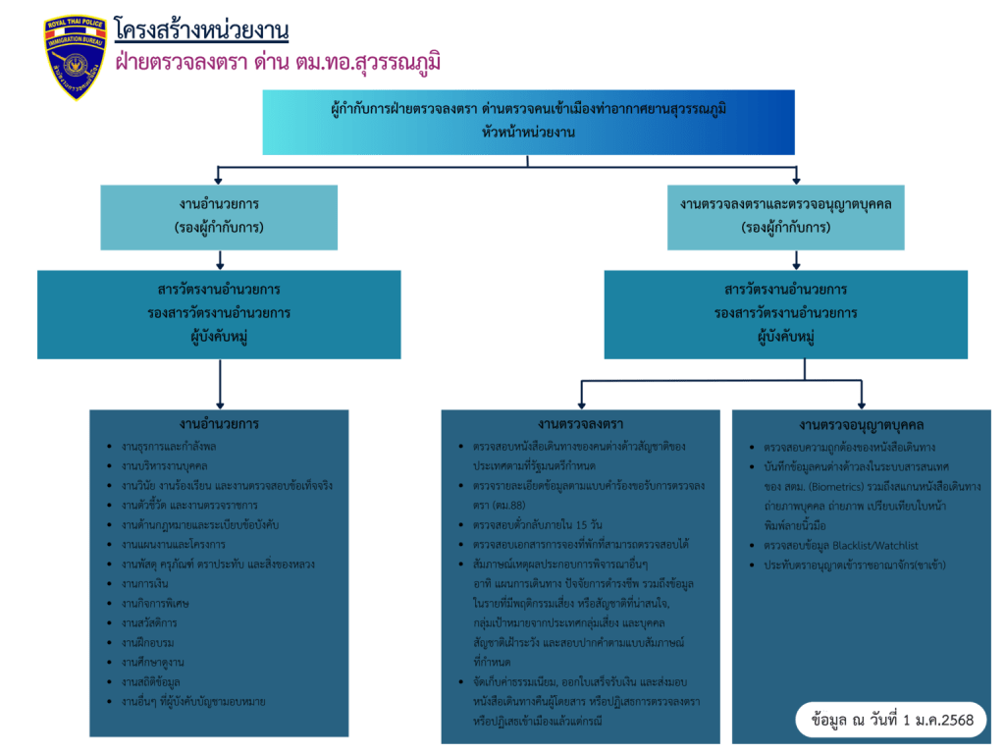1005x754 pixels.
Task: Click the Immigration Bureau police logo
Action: (75, 58)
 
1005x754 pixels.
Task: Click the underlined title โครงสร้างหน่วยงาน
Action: (201, 30)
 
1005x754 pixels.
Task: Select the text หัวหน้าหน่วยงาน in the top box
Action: (528, 132)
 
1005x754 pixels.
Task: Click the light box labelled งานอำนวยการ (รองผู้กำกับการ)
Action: (220, 216)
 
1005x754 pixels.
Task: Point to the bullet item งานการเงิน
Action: (143, 583)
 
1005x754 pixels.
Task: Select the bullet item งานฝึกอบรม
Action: (148, 642)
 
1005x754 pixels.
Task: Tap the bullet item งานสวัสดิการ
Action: (150, 622)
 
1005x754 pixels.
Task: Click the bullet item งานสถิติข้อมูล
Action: (151, 681)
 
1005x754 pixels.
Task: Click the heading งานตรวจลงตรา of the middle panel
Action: (580, 424)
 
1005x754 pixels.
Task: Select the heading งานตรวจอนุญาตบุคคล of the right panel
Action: (862, 424)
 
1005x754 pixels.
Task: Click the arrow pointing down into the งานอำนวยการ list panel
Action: (220, 393)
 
